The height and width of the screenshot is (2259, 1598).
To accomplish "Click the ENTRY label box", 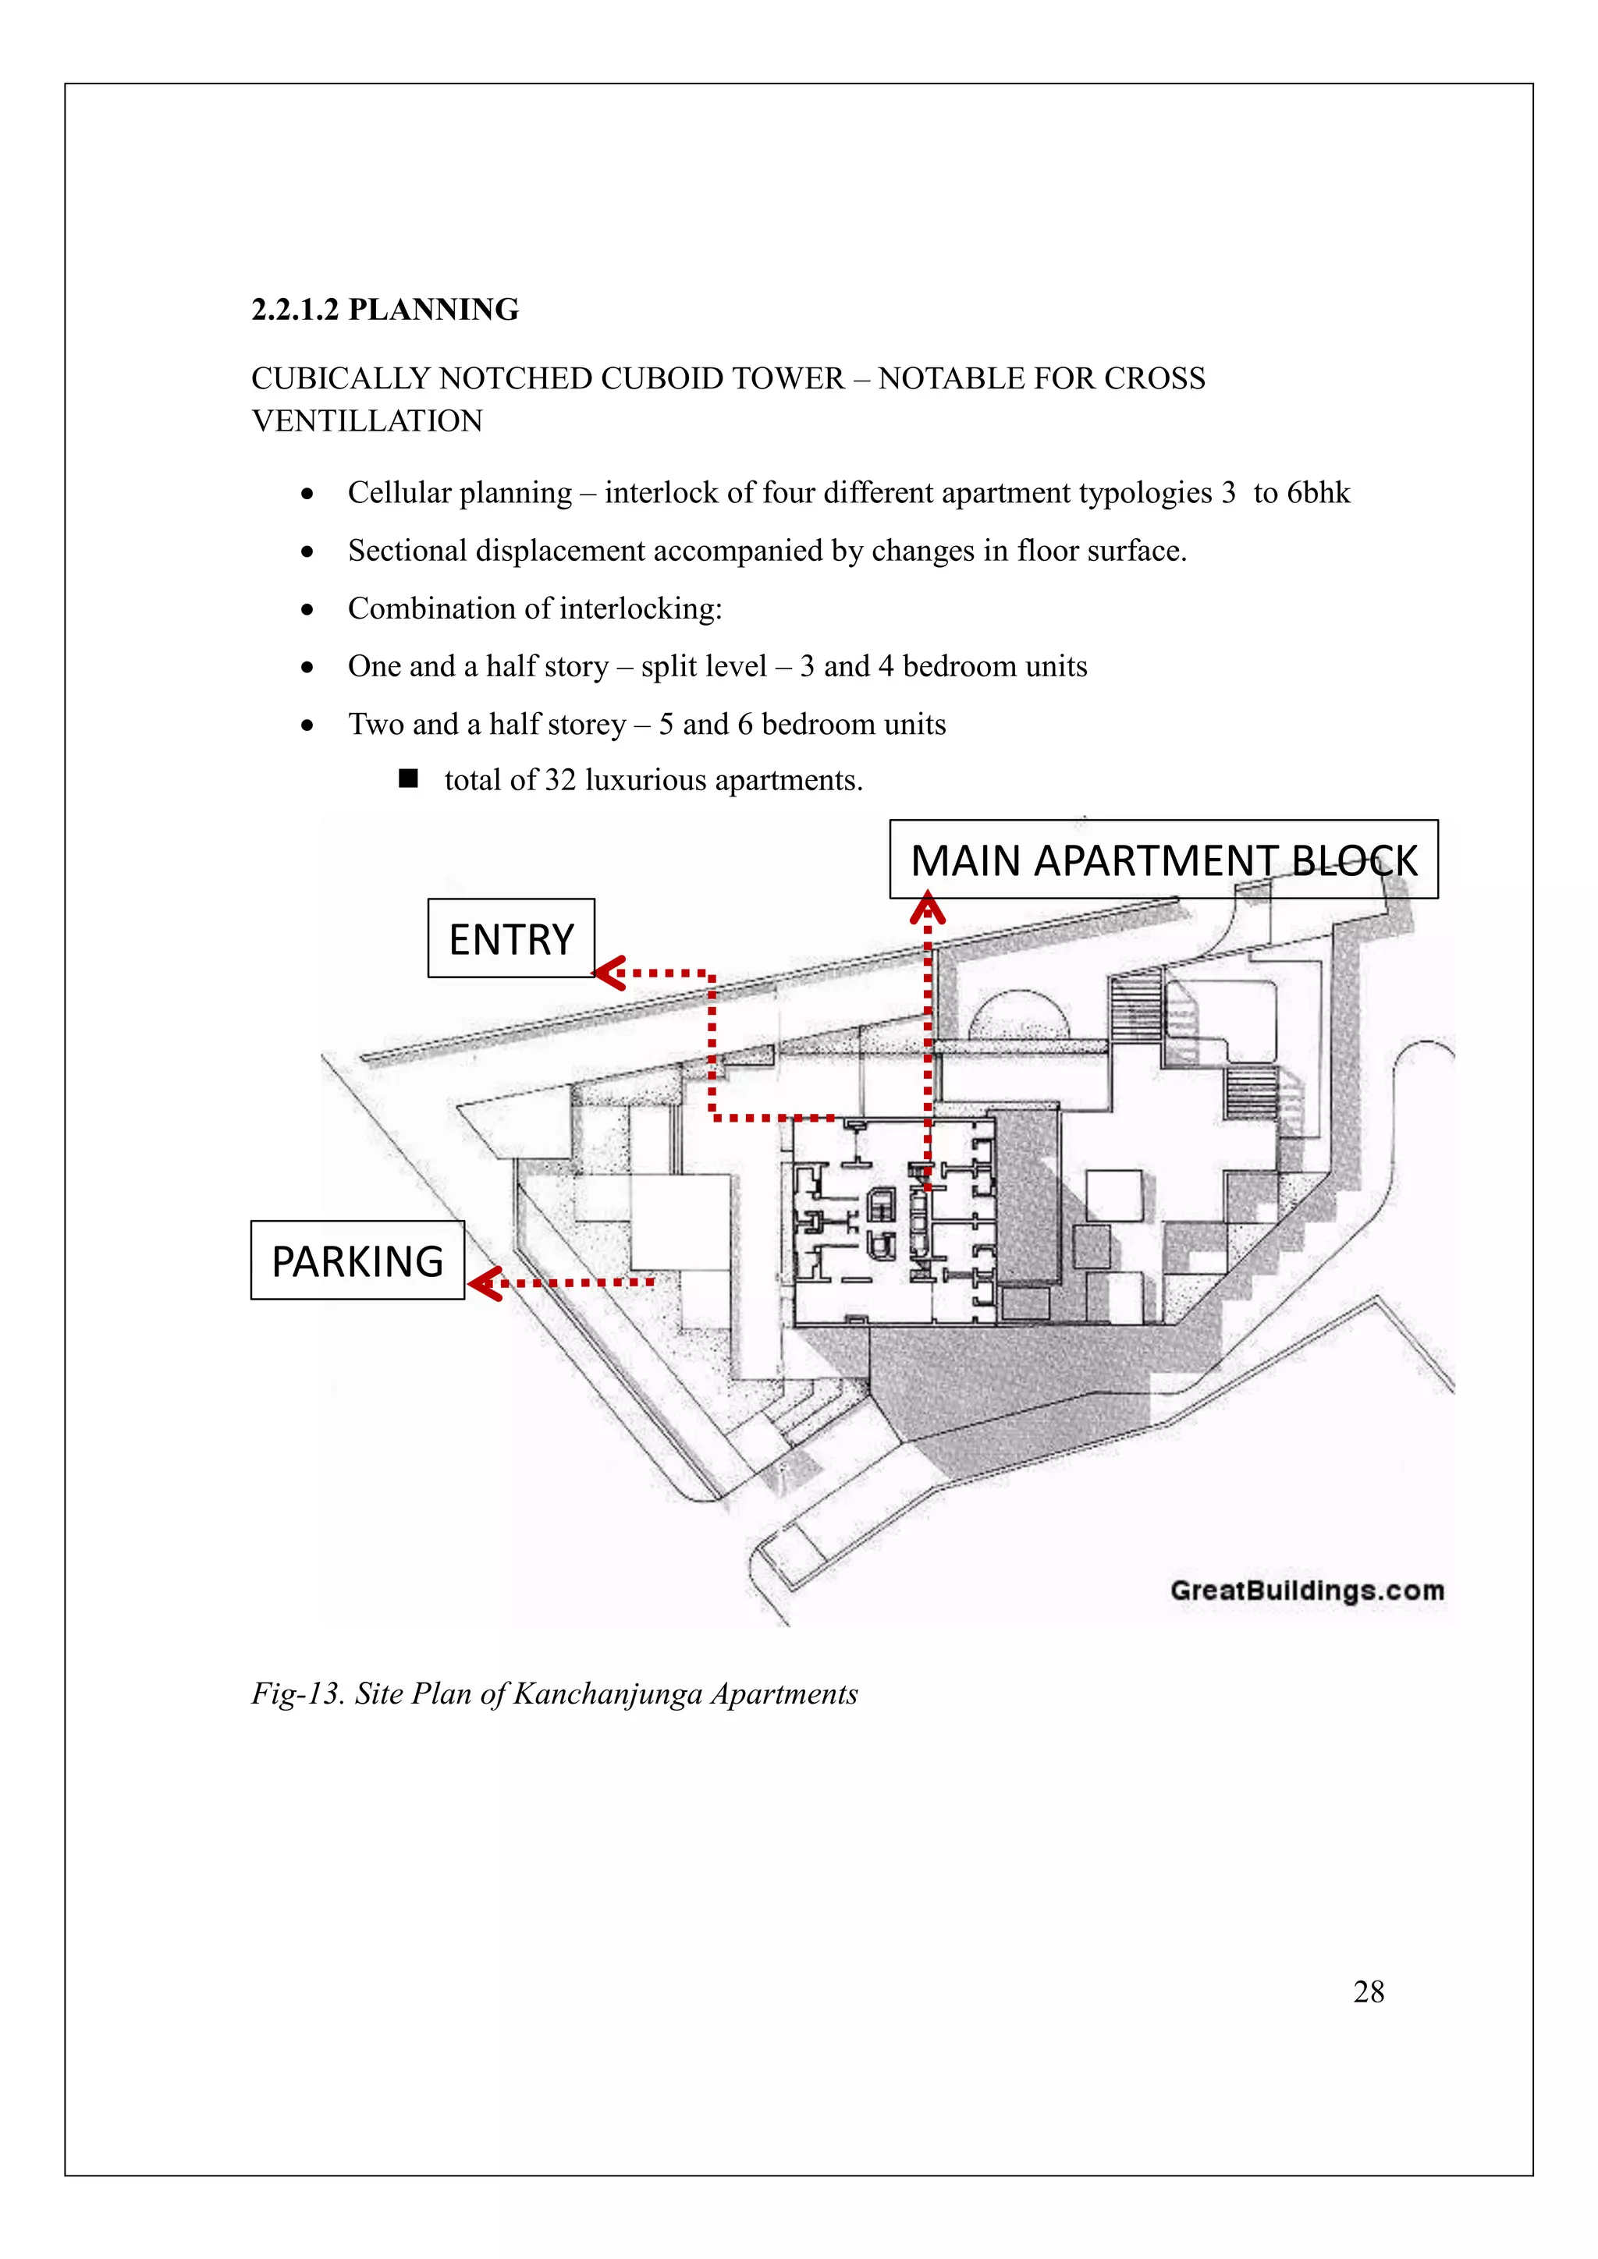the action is pyautogui.click(x=511, y=938).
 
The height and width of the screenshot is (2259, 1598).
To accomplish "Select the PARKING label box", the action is pyautogui.click(x=357, y=1261).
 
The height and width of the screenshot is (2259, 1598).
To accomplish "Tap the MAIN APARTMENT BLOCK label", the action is pyautogui.click(x=1163, y=860).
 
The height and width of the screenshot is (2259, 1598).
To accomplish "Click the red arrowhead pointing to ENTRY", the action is pyautogui.click(x=610, y=973).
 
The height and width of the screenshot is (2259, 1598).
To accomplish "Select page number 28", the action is pyautogui.click(x=1369, y=1991).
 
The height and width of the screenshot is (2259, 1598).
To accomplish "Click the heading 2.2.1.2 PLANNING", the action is pyautogui.click(x=385, y=309).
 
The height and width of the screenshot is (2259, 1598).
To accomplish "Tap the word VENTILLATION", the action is pyautogui.click(x=367, y=421).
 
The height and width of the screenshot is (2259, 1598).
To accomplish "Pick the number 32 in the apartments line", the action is pyautogui.click(x=560, y=780).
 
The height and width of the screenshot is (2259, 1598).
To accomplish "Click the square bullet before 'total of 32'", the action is pyautogui.click(x=408, y=779).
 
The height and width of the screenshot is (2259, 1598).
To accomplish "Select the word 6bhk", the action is pyautogui.click(x=1319, y=492).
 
